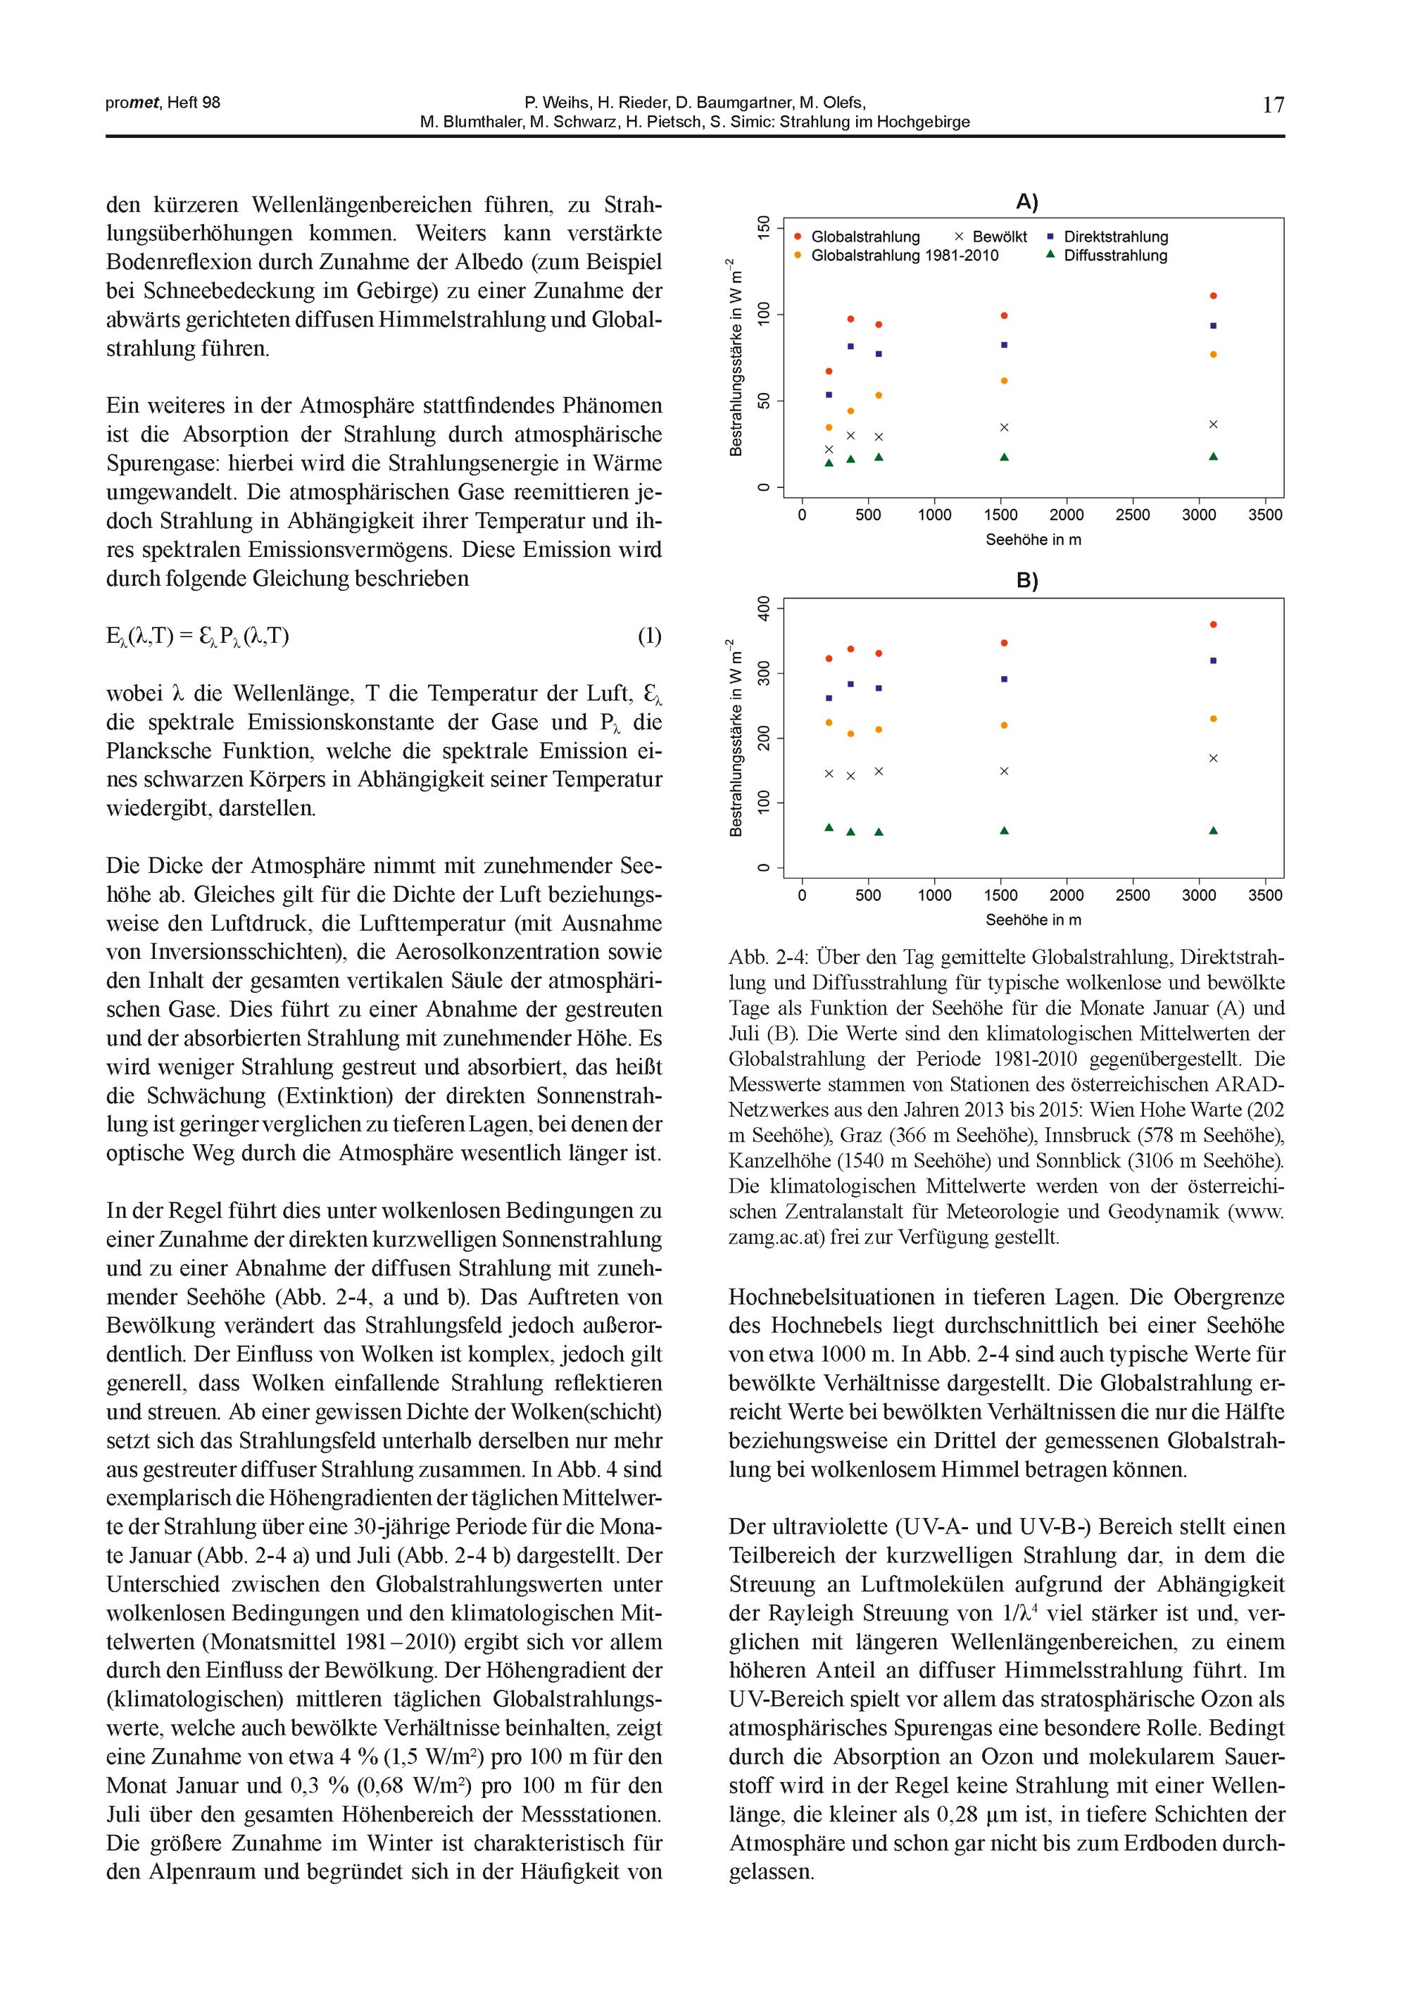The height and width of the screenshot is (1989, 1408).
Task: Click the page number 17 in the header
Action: [x=1273, y=105]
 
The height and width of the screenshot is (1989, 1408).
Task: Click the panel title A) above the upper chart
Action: [x=1026, y=202]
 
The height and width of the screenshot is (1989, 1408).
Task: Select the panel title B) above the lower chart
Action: [x=1026, y=581]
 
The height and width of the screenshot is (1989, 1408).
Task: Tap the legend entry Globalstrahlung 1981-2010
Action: [x=904, y=256]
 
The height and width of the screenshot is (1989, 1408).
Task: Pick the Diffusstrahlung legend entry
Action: [x=1115, y=256]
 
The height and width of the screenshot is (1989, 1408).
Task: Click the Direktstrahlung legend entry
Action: [x=1116, y=237]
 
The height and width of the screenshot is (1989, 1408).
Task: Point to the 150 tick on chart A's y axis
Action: [x=763, y=228]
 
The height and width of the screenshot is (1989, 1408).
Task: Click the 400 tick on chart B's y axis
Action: [x=763, y=608]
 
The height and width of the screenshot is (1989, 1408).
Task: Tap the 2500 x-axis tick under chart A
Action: [x=1132, y=515]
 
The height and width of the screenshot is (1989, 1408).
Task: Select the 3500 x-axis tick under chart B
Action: [x=1265, y=896]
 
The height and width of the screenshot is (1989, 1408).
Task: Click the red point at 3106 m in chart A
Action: [x=1213, y=296]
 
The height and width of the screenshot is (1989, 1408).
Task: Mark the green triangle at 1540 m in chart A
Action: [x=1004, y=457]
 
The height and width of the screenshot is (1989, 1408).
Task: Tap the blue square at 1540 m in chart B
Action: [x=1004, y=679]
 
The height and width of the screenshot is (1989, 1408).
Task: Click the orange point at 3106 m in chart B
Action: [x=1213, y=719]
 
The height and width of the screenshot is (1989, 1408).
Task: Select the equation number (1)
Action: [x=649, y=636]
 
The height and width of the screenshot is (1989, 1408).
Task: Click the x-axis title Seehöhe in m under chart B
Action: [x=1033, y=920]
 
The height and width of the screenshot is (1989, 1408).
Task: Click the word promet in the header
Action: [x=132, y=102]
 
